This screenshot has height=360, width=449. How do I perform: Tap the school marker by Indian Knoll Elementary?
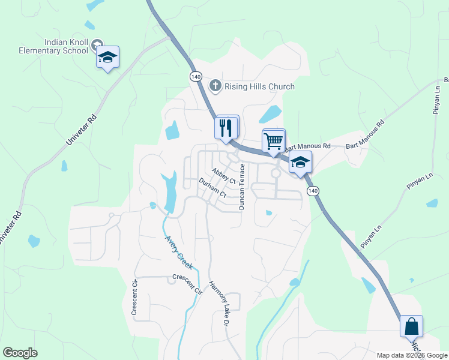(108, 58)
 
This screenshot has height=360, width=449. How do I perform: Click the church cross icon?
(215, 86)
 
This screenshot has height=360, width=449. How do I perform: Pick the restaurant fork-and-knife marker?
(226, 127)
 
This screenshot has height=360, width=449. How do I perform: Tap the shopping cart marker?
(273, 142)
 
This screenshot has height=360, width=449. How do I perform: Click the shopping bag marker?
(411, 327)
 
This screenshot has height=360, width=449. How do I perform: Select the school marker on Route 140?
(300, 162)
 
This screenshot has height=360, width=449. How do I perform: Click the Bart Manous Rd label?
(307, 146)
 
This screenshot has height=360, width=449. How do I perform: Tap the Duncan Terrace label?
(242, 186)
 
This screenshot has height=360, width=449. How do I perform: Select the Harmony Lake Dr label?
(219, 304)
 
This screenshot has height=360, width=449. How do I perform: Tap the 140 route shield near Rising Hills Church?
(196, 77)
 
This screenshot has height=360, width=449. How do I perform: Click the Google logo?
(20, 353)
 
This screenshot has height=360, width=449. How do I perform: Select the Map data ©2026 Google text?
(412, 355)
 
